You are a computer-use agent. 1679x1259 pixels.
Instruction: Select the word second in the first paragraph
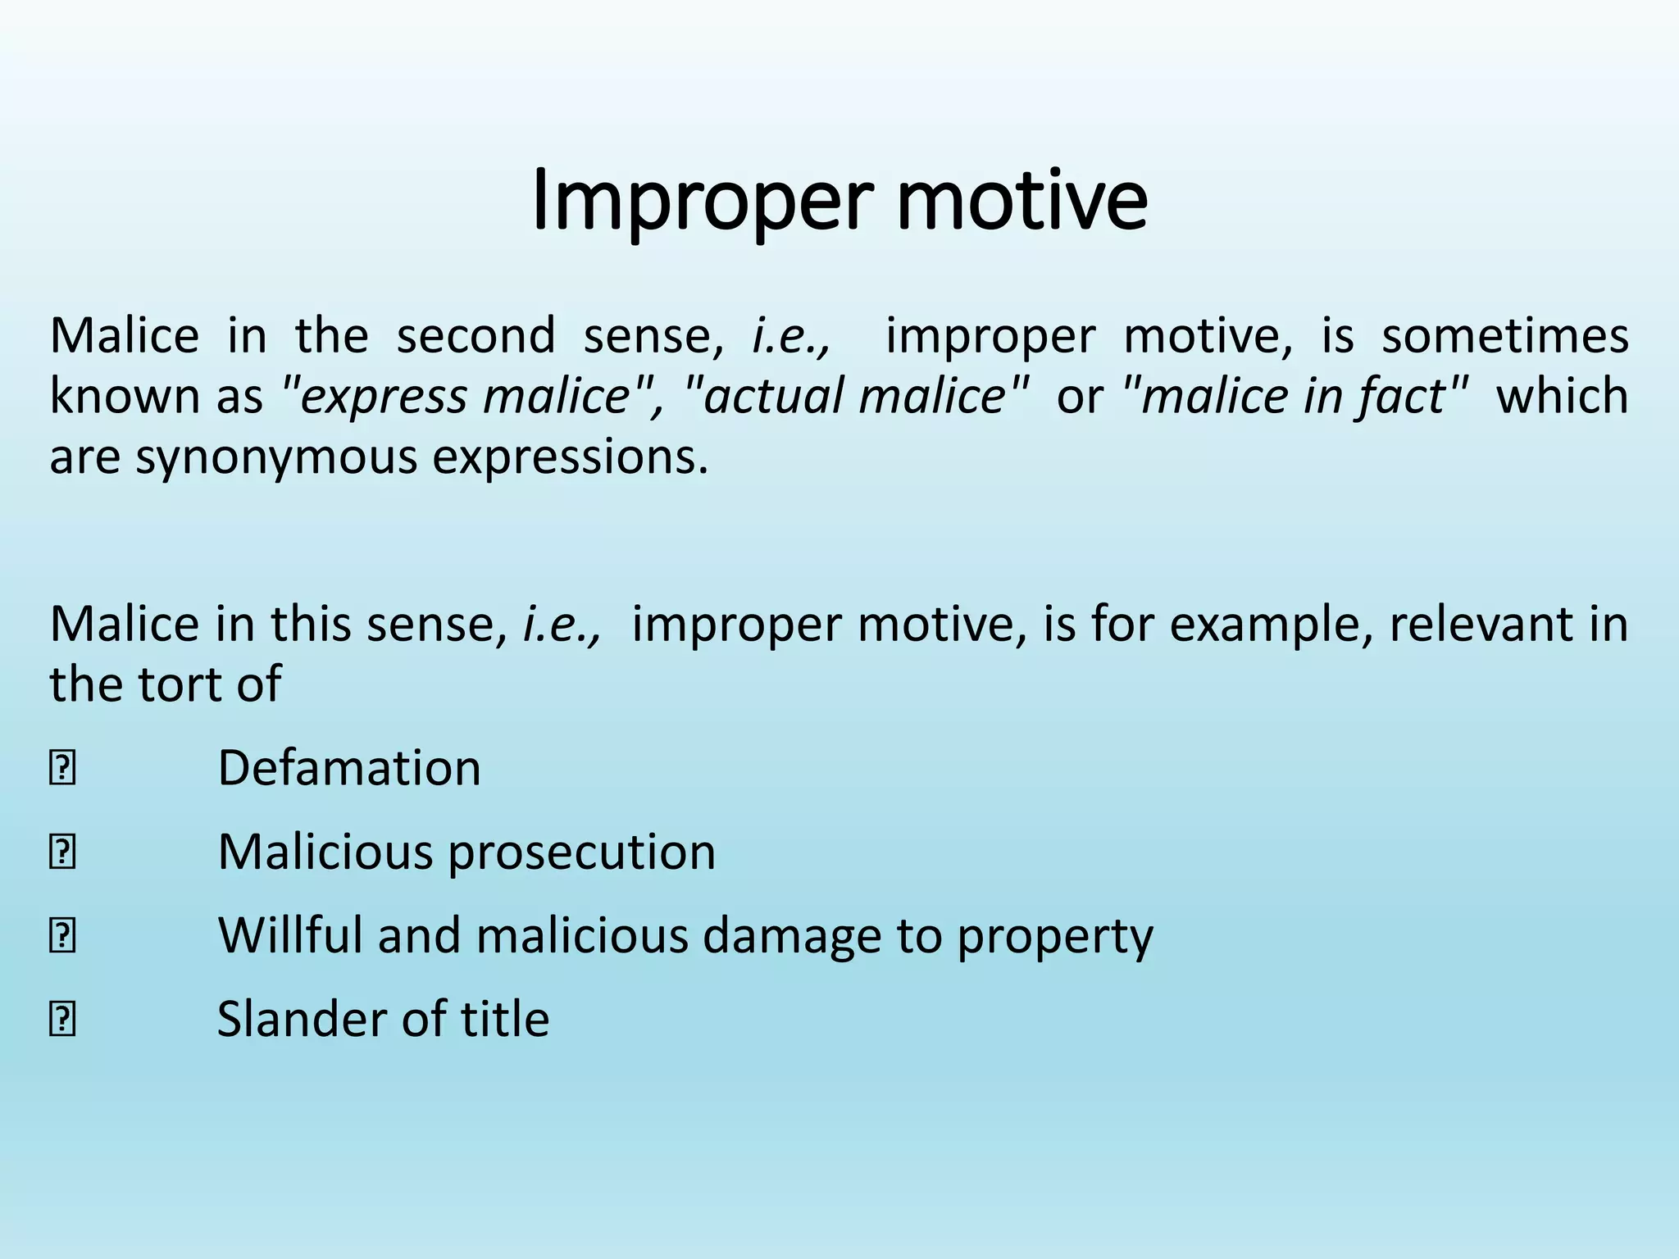point(475,335)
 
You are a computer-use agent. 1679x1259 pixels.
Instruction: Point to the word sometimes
point(1505,335)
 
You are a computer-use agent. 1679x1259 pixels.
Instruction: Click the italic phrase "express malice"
point(464,396)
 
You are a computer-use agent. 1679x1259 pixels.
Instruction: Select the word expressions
point(570,457)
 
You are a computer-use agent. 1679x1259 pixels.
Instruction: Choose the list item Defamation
point(349,768)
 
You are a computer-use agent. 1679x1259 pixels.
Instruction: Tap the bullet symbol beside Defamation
point(63,770)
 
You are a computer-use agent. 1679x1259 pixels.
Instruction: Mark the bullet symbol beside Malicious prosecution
point(63,853)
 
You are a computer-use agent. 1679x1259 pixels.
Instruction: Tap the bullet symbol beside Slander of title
point(63,1020)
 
